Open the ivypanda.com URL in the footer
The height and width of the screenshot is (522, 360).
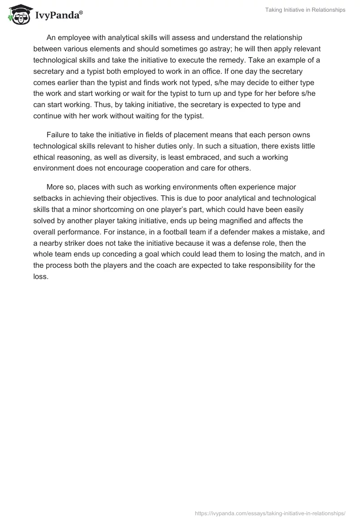point(270,513)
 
